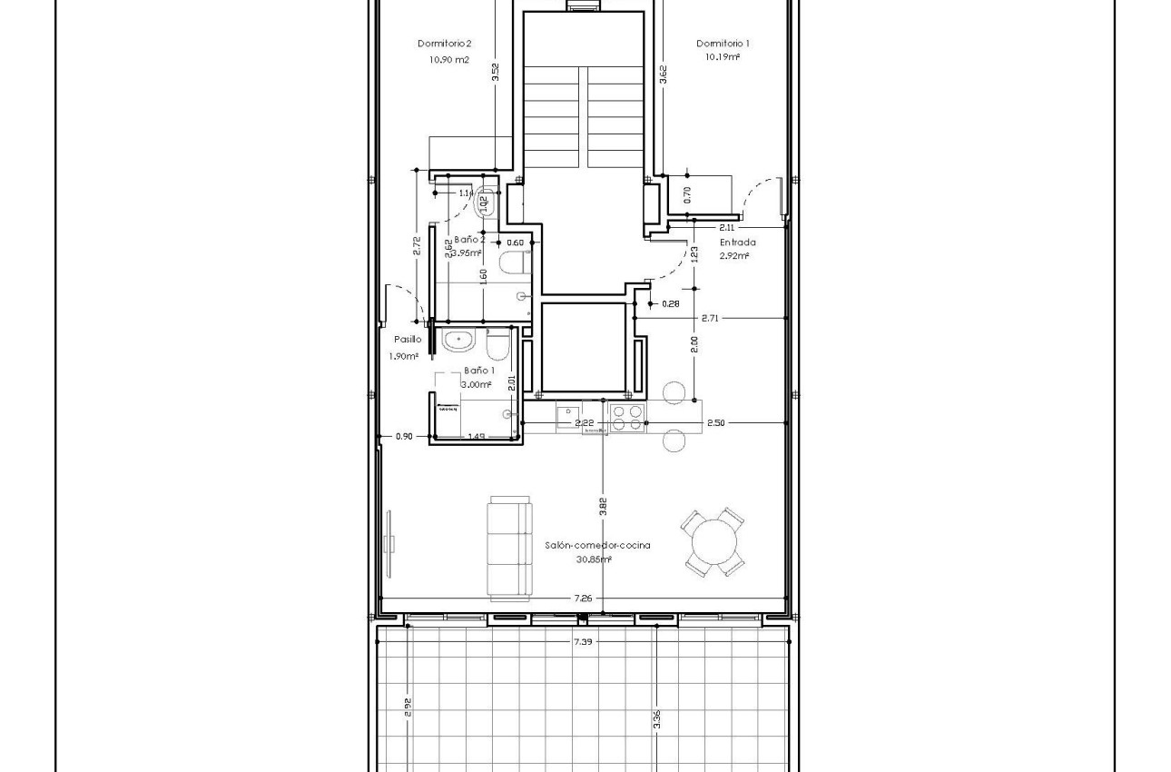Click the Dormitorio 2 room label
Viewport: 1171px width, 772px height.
444,44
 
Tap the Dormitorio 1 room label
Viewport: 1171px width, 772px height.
723,44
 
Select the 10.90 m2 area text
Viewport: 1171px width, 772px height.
449,60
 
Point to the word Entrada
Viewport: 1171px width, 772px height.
737,242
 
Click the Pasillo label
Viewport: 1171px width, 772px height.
408,339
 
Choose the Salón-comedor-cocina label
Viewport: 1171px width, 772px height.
597,545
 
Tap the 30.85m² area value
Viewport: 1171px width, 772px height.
594,559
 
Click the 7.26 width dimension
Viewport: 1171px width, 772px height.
583,598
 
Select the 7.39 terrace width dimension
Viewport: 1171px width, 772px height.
584,641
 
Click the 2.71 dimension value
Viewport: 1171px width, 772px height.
710,318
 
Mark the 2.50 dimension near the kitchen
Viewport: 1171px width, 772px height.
715,422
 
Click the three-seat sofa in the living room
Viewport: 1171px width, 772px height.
509,548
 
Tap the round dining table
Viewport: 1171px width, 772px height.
713,543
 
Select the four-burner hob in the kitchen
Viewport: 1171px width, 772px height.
625,417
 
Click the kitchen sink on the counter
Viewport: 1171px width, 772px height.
569,417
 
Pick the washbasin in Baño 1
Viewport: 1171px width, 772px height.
458,341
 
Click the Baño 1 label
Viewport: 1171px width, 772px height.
478,371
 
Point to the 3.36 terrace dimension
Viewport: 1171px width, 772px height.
656,719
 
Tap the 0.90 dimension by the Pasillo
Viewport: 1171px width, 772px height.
404,436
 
